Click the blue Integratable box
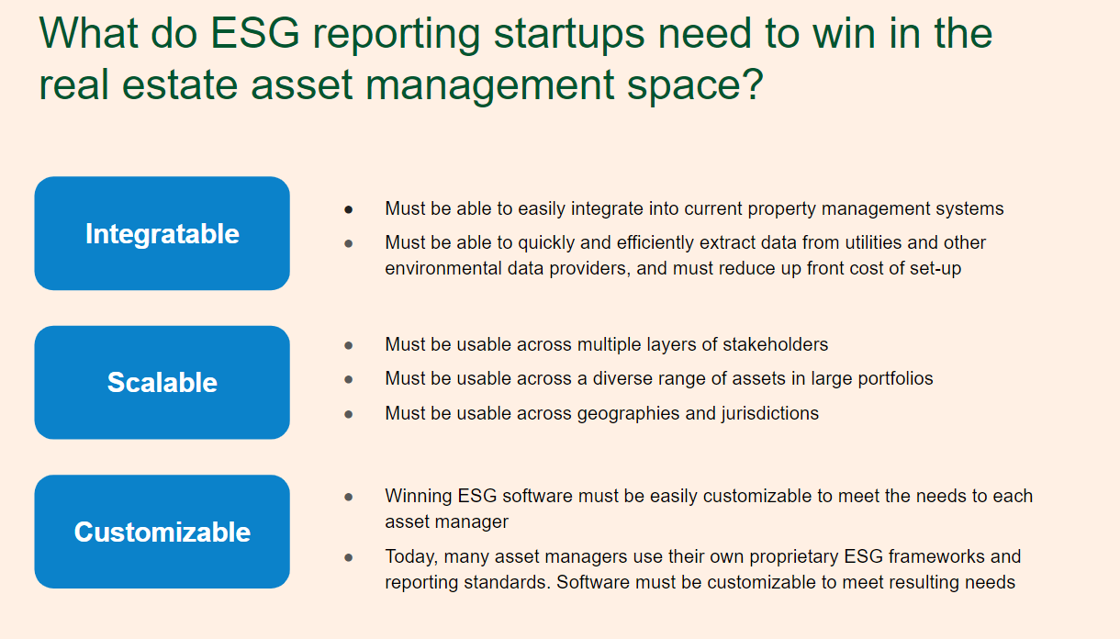coord(162,233)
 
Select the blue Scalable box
coord(162,382)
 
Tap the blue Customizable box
coord(162,532)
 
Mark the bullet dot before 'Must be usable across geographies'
coord(349,414)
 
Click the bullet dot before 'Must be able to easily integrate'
coord(349,209)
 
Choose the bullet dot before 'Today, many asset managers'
coord(349,557)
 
